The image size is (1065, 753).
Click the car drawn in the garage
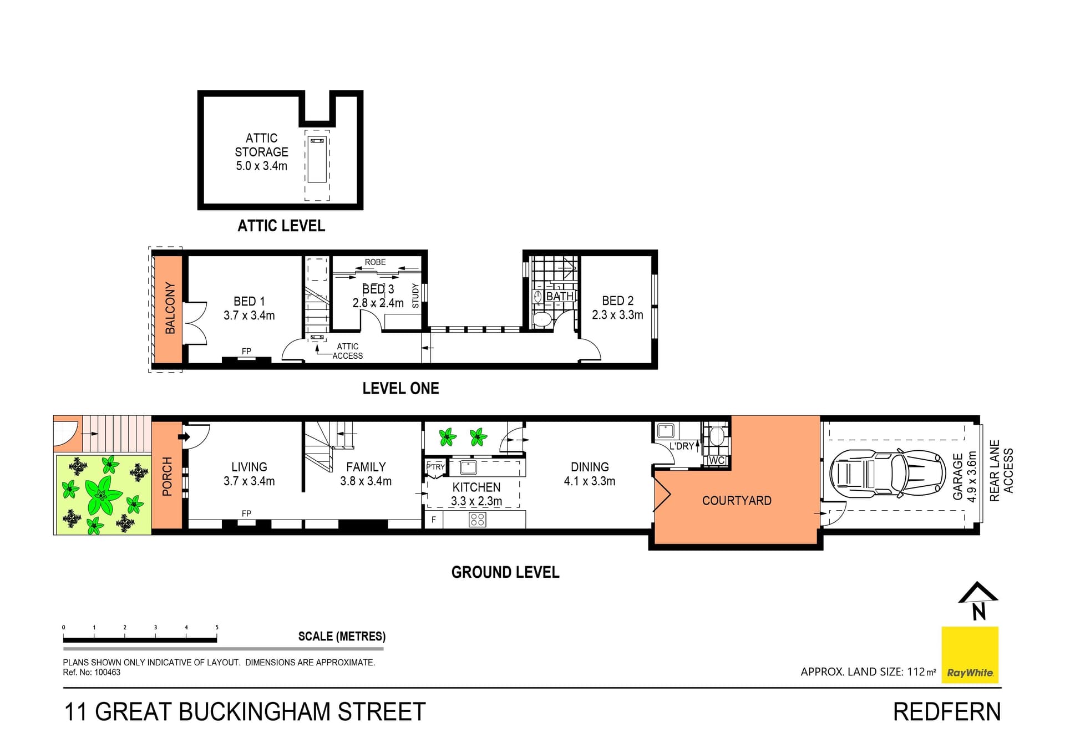click(x=887, y=474)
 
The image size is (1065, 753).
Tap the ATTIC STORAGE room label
click(x=261, y=145)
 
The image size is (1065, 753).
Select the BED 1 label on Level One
click(x=249, y=301)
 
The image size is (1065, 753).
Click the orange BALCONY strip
click(x=168, y=308)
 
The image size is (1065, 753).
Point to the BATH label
click(x=560, y=296)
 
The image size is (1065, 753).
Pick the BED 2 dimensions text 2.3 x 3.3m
click(x=617, y=315)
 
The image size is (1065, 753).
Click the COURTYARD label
click(x=737, y=501)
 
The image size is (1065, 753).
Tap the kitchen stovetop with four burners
click(x=477, y=520)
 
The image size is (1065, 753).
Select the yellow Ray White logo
click(x=970, y=655)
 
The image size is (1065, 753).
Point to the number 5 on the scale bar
click(x=217, y=627)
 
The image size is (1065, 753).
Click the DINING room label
click(x=590, y=467)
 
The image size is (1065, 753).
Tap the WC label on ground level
click(x=716, y=460)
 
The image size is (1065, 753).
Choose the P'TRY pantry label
click(x=435, y=467)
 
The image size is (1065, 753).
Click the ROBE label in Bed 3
click(x=375, y=262)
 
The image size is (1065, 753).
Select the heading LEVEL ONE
click(x=400, y=388)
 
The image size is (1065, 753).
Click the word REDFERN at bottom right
click(x=946, y=712)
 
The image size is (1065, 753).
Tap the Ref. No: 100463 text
click(x=92, y=672)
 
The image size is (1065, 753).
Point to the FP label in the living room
click(x=246, y=513)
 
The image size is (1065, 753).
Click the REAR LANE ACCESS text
click(x=1001, y=471)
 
